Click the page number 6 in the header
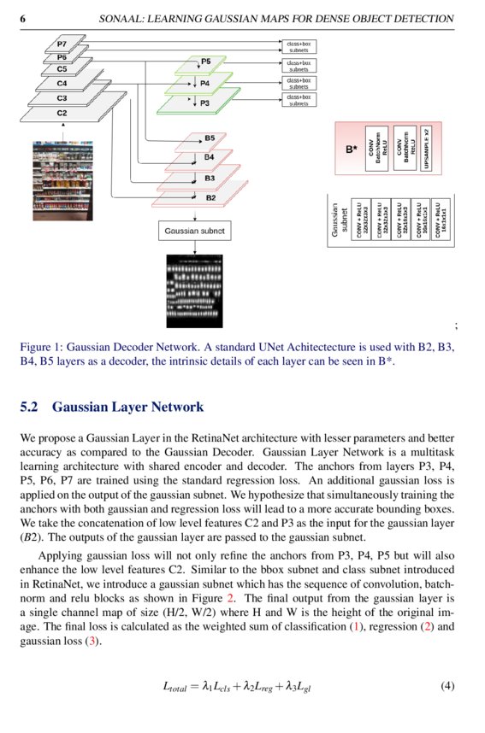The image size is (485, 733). [x=23, y=18]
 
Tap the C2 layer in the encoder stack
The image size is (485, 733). [x=62, y=112]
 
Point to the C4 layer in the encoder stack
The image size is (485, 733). [x=62, y=84]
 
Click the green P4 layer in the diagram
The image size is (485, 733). [x=204, y=84]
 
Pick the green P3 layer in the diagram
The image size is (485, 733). [x=204, y=103]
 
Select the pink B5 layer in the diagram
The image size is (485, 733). [x=209, y=138]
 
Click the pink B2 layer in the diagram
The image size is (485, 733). [x=209, y=197]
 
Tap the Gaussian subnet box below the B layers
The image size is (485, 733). [x=195, y=231]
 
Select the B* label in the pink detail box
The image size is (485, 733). [x=351, y=149]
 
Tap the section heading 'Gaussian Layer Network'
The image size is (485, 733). [x=127, y=407]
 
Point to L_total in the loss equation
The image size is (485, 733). [x=176, y=687]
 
